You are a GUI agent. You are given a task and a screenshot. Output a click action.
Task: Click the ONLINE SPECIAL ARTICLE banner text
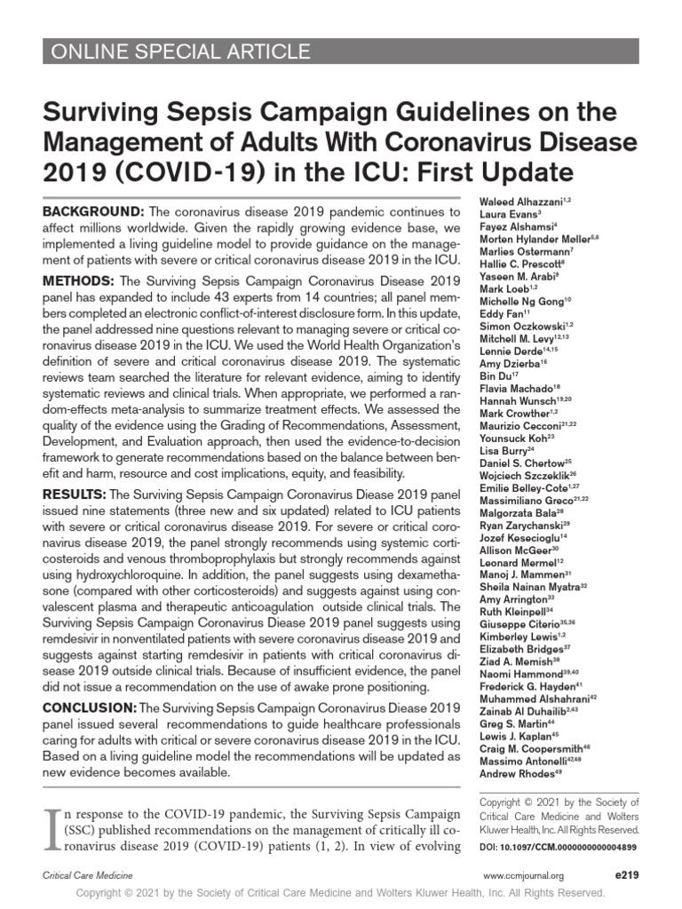tap(178, 51)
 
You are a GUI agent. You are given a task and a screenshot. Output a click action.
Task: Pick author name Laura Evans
tap(503, 214)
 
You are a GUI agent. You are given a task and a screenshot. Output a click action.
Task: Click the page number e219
tap(626, 874)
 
